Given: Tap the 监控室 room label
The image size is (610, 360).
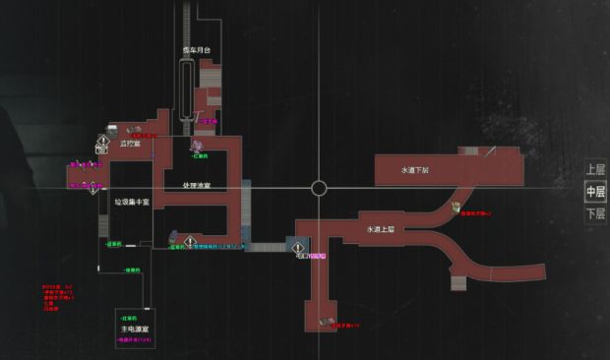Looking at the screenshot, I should [130, 144].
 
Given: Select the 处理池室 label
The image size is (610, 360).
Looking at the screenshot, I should [197, 185].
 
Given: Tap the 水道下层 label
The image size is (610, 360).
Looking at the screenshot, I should [416, 170].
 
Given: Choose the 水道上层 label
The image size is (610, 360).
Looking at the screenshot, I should [376, 228].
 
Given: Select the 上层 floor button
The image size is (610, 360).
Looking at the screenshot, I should [594, 169].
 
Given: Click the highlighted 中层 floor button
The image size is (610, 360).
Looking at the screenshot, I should [594, 191].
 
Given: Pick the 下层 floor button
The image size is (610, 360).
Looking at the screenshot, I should [594, 212].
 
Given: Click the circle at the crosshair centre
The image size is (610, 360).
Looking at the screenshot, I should [319, 188].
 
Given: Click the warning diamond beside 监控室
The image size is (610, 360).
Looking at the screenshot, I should [102, 142].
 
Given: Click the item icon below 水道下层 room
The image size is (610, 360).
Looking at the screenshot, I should [456, 206].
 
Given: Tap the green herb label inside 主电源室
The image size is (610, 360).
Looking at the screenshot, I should [128, 319].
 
